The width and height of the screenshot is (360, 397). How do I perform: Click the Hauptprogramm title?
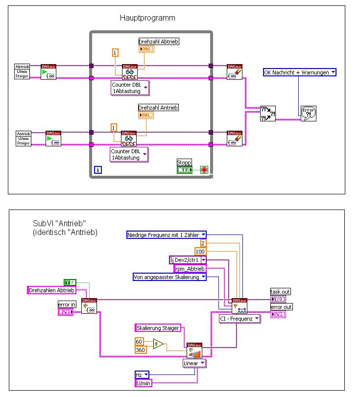[x=147, y=18]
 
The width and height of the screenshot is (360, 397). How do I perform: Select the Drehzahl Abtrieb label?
[x=158, y=42]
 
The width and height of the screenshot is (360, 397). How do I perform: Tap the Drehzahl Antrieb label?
[x=158, y=107]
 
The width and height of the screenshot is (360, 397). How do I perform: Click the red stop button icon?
[x=204, y=170]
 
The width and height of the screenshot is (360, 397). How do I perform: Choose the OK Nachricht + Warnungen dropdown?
[x=300, y=72]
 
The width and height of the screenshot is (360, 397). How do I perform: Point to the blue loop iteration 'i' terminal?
[x=98, y=170]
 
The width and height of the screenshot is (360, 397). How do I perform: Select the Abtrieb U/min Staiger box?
[x=23, y=71]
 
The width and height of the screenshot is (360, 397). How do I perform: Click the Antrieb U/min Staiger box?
[x=24, y=138]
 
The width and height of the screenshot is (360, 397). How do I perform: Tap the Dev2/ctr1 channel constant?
[x=188, y=260]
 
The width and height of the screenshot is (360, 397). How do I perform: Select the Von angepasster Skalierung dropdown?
[x=169, y=277]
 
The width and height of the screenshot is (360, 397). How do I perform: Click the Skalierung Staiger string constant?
[x=157, y=327]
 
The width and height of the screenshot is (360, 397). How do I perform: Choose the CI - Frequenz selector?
[x=240, y=319]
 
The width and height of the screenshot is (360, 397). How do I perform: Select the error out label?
[x=281, y=307]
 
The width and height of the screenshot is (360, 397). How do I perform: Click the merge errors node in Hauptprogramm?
[x=267, y=114]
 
